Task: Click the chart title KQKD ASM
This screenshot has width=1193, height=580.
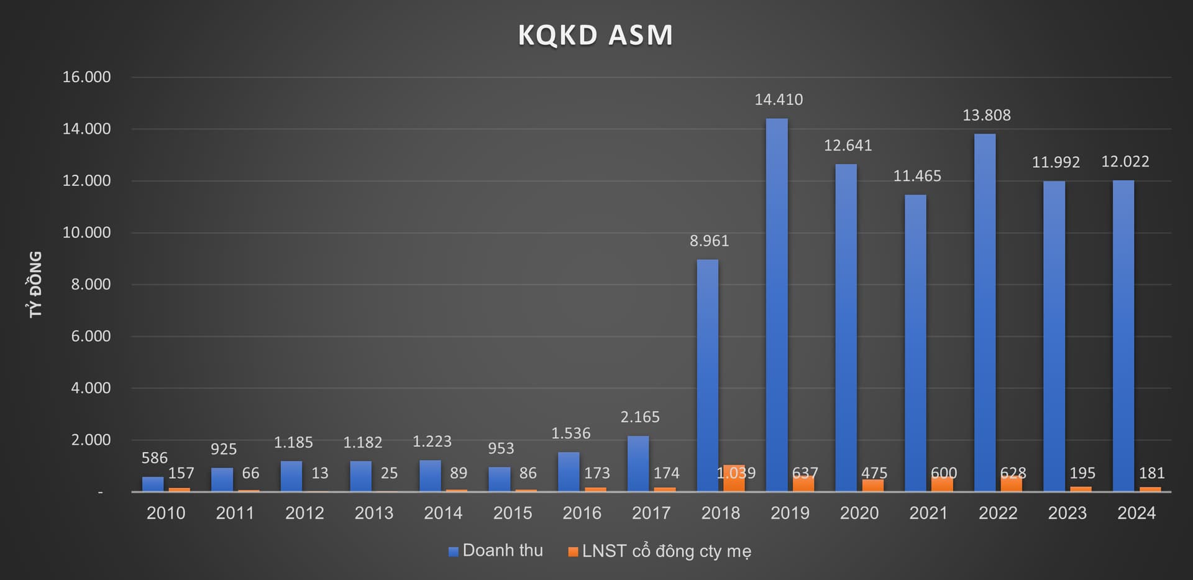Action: coord(595,35)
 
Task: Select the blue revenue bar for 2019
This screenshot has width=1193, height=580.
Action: coord(776,305)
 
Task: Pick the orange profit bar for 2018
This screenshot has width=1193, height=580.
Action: coord(734,479)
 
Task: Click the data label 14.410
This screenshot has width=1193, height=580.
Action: coord(779,99)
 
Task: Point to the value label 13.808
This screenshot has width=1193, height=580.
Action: coord(986,115)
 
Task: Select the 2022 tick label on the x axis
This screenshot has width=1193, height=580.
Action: coord(998,513)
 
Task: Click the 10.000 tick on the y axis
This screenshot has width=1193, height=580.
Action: coord(86,232)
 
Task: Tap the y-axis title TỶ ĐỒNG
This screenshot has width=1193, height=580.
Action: coord(36,284)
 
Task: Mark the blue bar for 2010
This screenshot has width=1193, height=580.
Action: coord(153,484)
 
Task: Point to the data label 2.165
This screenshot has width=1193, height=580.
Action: coord(640,417)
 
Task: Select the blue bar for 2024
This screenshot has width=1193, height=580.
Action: coord(1123,336)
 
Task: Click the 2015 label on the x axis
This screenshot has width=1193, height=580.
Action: coord(513,513)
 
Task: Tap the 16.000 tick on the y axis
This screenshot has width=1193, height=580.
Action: coord(86,77)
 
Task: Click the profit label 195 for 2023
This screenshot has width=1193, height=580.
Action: coord(1082,473)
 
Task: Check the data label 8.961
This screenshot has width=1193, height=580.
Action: coord(709,241)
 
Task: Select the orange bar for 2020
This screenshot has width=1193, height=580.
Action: coord(872,485)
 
